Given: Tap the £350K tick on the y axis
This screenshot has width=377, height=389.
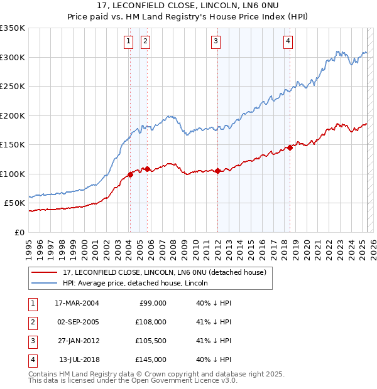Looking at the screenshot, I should [13, 28].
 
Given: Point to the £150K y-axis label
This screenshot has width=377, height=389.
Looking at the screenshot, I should [13, 144].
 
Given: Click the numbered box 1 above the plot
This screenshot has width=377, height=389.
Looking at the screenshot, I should [128, 42].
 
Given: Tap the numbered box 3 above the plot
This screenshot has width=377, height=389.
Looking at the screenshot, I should [216, 42].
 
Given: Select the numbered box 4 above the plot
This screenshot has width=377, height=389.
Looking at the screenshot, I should [288, 42].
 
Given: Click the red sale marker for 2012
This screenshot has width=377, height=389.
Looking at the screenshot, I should [217, 171].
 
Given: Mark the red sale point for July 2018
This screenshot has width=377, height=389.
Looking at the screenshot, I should [290, 148].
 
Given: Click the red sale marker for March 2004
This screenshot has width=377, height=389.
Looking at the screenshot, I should [130, 174].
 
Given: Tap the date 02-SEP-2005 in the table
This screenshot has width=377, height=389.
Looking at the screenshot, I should [77, 322].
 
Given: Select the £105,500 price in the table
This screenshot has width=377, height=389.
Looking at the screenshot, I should [151, 341].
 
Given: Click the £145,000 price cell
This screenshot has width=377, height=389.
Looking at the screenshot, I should [151, 360].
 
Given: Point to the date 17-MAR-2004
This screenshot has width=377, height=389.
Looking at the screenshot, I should [77, 303].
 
